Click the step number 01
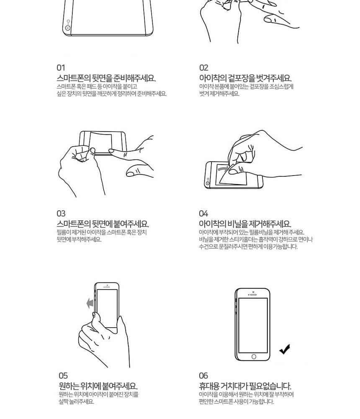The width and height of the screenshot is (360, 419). pyautogui.click(x=61, y=68)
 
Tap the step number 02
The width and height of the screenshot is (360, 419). pyautogui.click(x=203, y=68)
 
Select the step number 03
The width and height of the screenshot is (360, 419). pyautogui.click(x=61, y=214)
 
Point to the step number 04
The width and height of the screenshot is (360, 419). pyautogui.click(x=203, y=214)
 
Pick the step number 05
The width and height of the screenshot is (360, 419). pyautogui.click(x=63, y=376)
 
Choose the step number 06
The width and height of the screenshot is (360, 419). pyautogui.click(x=203, y=376)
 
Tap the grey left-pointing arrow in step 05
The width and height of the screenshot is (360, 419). pyautogui.click(x=90, y=303)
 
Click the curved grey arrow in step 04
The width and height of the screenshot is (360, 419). pyautogui.click(x=223, y=168)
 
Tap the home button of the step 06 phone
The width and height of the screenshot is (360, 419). pyautogui.click(x=254, y=357)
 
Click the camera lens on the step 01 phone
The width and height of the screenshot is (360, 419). pyautogui.click(x=68, y=28)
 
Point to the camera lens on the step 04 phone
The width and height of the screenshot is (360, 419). pyautogui.click(x=208, y=184)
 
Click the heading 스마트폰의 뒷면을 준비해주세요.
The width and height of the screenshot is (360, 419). pyautogui.click(x=106, y=78)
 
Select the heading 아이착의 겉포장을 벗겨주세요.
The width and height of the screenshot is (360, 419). pyautogui.click(x=245, y=78)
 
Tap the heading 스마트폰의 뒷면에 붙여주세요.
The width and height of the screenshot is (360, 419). pyautogui.click(x=103, y=224)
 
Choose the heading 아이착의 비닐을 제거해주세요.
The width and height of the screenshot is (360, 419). pyautogui.click(x=245, y=224)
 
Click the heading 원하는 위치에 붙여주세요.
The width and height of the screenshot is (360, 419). pyautogui.click(x=98, y=386)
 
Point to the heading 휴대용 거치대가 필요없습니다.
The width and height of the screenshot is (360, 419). pyautogui.click(x=245, y=386)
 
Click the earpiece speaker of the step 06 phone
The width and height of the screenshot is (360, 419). pyautogui.click(x=253, y=295)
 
